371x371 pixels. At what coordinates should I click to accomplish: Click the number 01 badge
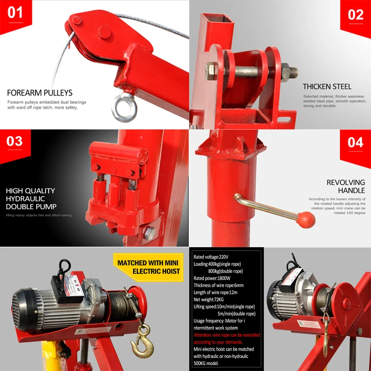pos(15,13)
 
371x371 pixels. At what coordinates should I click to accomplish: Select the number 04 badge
pos(355,142)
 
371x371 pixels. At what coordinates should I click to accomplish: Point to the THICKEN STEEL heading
pos(327,86)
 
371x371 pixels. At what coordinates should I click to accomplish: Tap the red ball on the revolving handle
pos(306,220)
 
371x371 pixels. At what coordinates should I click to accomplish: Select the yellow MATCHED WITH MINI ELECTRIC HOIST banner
pos(148,267)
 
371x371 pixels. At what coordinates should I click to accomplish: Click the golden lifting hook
pos(140,344)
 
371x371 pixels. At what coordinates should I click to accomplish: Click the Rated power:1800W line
pos(212,278)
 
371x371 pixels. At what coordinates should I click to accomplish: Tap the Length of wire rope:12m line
pos(219,293)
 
